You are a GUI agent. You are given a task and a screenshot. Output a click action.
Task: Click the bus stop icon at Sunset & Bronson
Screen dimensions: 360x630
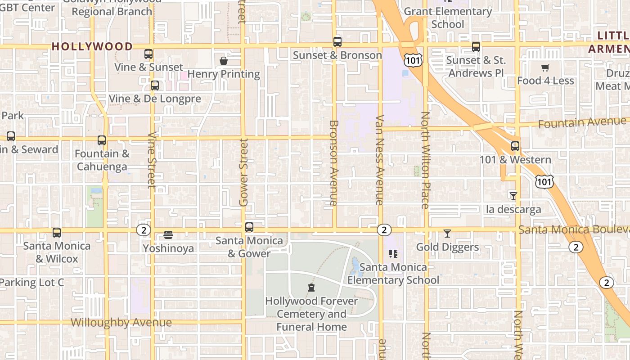pyautogui.click(x=337, y=42)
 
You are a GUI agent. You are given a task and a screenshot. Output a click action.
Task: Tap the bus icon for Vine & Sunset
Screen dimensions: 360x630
pyautogui.click(x=148, y=54)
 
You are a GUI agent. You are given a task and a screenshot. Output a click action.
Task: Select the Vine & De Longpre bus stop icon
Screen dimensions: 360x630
pyautogui.click(x=155, y=85)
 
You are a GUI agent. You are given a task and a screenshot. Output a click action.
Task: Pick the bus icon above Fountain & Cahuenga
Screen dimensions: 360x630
pyautogui.click(x=102, y=140)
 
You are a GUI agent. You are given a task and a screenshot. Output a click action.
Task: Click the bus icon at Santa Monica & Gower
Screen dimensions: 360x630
pyautogui.click(x=249, y=227)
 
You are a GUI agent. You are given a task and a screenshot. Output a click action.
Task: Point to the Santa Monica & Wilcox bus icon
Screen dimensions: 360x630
pyautogui.click(x=57, y=233)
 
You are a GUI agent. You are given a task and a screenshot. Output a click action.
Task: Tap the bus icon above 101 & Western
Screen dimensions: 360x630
pyautogui.click(x=515, y=146)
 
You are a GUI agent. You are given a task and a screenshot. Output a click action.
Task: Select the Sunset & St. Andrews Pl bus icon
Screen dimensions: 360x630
pyautogui.click(x=476, y=46)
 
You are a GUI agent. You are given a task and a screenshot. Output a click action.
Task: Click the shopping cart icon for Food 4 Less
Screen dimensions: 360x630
pyautogui.click(x=545, y=68)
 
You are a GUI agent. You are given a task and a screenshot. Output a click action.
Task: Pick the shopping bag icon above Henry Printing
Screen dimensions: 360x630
pyautogui.click(x=224, y=61)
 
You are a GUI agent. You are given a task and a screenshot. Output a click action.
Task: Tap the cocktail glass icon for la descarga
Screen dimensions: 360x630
pyautogui.click(x=513, y=196)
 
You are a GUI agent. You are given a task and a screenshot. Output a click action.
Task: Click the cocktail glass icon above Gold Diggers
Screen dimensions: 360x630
pyautogui.click(x=447, y=234)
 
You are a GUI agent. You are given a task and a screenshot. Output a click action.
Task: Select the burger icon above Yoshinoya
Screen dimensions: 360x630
pyautogui.click(x=168, y=235)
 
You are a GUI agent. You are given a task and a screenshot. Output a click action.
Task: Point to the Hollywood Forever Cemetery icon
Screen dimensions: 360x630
pyautogui.click(x=311, y=288)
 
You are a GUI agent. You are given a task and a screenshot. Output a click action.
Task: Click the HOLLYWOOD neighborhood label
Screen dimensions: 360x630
pyautogui.click(x=92, y=46)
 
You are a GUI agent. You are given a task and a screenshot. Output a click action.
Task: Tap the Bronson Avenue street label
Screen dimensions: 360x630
pyautogui.click(x=333, y=163)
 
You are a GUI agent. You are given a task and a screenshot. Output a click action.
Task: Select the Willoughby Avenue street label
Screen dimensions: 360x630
pyautogui.click(x=121, y=323)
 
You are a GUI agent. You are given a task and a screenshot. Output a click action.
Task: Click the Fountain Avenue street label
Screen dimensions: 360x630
pyautogui.click(x=582, y=122)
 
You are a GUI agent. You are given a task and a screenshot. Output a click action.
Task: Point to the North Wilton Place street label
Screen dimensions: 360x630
pyautogui.click(x=425, y=160)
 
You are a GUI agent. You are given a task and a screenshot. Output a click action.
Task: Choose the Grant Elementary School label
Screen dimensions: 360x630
pyautogui.click(x=448, y=18)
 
